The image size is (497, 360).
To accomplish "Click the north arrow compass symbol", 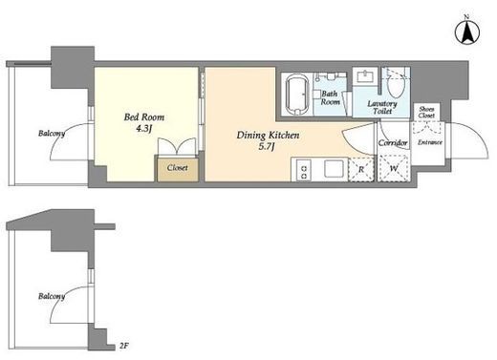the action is pyautogui.click(x=467, y=32).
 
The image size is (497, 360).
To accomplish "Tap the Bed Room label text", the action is pyautogui.click(x=144, y=117).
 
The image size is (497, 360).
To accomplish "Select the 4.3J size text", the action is pyautogui.click(x=143, y=129).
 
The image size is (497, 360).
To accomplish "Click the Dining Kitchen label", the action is pyautogui.click(x=268, y=136).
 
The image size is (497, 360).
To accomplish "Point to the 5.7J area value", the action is pyautogui.click(x=267, y=147).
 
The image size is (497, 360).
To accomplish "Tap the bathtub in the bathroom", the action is pyautogui.click(x=297, y=95).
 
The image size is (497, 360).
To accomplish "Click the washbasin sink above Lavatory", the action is pyautogui.click(x=364, y=76).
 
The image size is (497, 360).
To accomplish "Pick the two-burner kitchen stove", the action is pyautogui.click(x=304, y=171).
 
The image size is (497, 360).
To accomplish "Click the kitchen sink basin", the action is pyautogui.click(x=334, y=168).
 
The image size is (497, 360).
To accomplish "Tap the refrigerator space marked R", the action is pyautogui.click(x=361, y=170).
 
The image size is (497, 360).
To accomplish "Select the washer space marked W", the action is pyautogui.click(x=394, y=168).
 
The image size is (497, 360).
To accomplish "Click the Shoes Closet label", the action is pyautogui.click(x=426, y=112).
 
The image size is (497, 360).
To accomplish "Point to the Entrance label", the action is pyautogui.click(x=430, y=142).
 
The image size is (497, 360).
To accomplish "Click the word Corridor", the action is pyautogui.click(x=393, y=143).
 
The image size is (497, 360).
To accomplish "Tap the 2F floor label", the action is pyautogui.click(x=124, y=346).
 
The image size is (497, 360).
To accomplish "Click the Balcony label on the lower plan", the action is pyautogui.click(x=52, y=296).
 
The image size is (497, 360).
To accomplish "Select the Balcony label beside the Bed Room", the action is pyautogui.click(x=52, y=134).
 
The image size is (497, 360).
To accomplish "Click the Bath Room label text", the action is pyautogui.click(x=330, y=97).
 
